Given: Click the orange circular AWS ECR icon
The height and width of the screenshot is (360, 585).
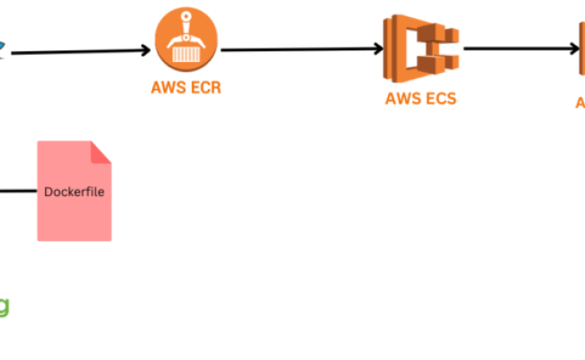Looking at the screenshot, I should point(186,41).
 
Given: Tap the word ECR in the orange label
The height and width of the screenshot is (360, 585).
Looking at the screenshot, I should point(204,88).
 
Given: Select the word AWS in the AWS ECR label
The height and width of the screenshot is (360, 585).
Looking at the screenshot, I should point(168,88).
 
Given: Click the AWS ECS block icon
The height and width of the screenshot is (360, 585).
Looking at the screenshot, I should point(421,49).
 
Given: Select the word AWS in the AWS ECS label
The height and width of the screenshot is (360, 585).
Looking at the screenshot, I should point(403,98).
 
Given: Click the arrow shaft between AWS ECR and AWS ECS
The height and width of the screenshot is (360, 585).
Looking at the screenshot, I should point(297,49).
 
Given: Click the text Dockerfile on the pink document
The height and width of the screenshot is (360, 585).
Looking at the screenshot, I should point(74,192).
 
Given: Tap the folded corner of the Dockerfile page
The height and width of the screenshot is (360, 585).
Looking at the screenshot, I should point(101,151).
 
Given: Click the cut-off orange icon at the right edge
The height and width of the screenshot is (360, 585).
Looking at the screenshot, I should point(581,49).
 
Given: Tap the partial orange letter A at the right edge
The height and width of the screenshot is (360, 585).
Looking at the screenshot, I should point(580,103).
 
